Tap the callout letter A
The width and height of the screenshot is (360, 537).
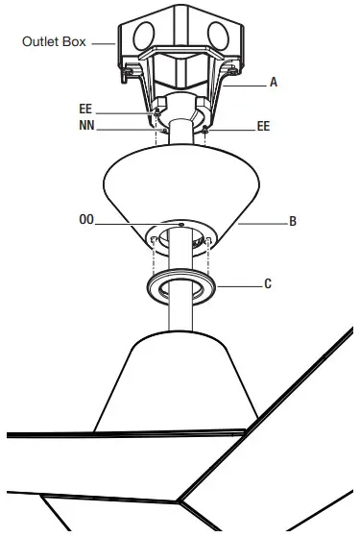click(274, 83)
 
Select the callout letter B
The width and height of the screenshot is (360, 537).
click(293, 221)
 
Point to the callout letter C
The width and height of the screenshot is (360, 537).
click(268, 283)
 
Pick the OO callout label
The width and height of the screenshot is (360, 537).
click(86, 220)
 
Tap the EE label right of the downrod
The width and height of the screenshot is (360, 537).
click(264, 126)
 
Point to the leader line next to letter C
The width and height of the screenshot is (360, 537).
click(240, 284)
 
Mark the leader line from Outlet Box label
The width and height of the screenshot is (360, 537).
click(103, 42)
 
